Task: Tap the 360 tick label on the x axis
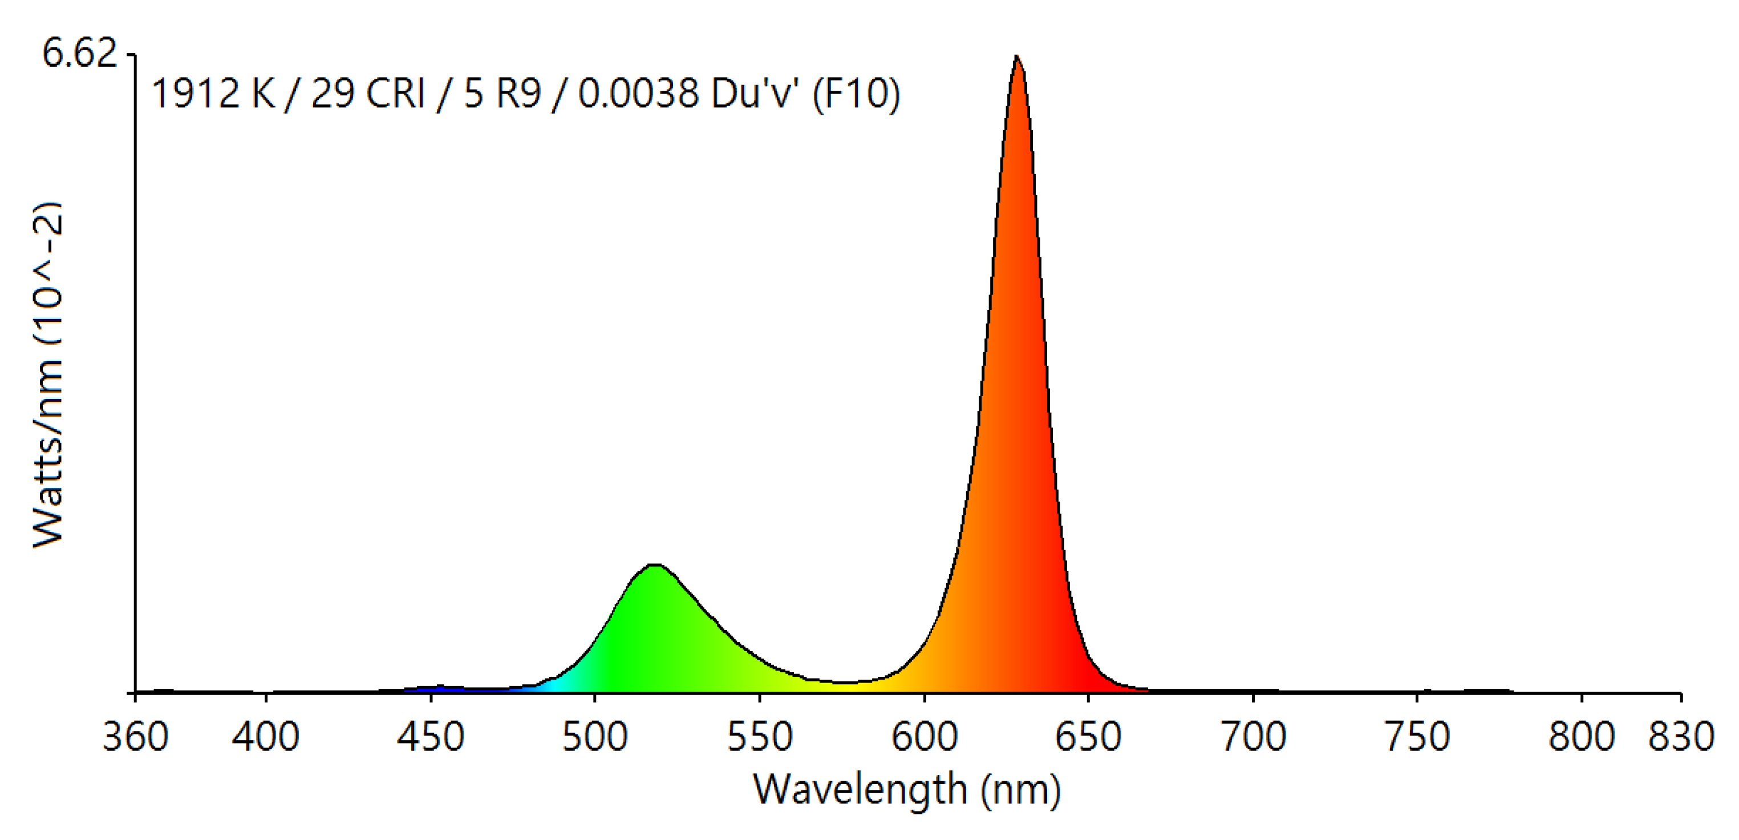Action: pyautogui.click(x=135, y=737)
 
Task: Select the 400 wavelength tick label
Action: pyautogui.click(x=265, y=737)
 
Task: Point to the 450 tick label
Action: pyautogui.click(x=430, y=737)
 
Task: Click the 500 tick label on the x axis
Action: pyautogui.click(x=595, y=737)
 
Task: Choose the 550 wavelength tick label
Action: pyautogui.click(x=760, y=737)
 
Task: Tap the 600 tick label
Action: pyautogui.click(x=924, y=737)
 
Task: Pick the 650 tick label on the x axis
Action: pyautogui.click(x=1088, y=737)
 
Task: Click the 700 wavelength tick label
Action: pyautogui.click(x=1254, y=737)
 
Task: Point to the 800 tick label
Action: pyautogui.click(x=1582, y=737)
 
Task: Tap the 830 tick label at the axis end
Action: pyautogui.click(x=1681, y=737)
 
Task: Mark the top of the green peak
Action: pyautogui.click(x=654, y=565)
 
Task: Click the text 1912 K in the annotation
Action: pyautogui.click(x=213, y=93)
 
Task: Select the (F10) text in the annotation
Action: pyautogui.click(x=856, y=93)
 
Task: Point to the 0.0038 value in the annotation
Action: pyautogui.click(x=638, y=93)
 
